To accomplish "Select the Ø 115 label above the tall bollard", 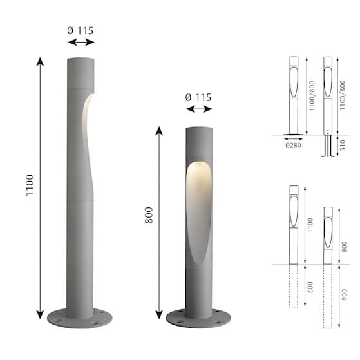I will pos(81,30).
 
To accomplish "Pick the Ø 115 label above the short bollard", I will pos(198,97).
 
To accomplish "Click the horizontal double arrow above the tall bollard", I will pos(81,42).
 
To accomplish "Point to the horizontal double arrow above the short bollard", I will pos(198,110).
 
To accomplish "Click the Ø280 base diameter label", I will pos(294,145).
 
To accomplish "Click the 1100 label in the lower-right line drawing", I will pos(311,224).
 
